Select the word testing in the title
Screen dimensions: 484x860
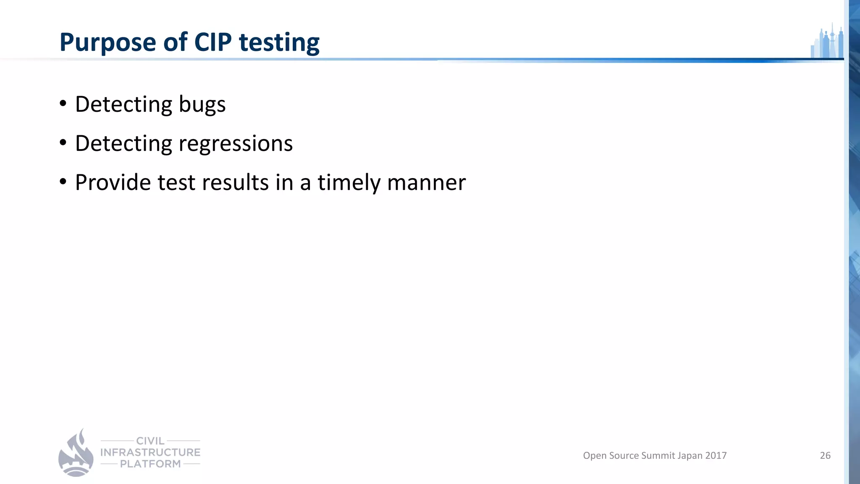(279, 44)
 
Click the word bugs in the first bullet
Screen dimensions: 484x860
(202, 105)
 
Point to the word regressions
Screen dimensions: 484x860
(236, 144)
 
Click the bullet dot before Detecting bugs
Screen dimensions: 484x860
(63, 103)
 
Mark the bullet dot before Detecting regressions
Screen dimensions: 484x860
(63, 143)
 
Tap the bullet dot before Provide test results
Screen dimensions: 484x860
(63, 182)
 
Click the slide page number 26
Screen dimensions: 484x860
(825, 455)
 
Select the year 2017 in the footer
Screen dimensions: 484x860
(716, 455)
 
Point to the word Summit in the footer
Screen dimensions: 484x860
(658, 455)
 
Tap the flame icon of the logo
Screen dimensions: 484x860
(76, 453)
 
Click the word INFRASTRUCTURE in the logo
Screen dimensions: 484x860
(150, 452)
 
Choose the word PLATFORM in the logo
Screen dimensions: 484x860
(150, 464)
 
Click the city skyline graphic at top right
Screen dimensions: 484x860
(827, 42)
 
